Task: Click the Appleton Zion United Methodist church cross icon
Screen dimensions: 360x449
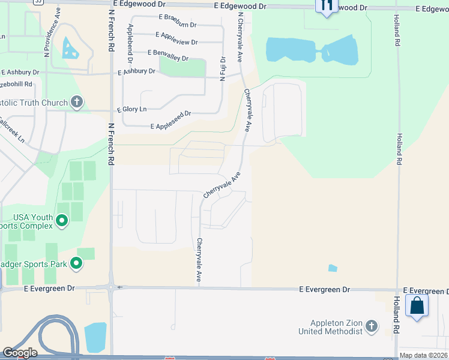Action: pos(372,326)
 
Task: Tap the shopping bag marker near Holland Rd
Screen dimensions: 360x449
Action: pos(417,306)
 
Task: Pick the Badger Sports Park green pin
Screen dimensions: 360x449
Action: pos(76,263)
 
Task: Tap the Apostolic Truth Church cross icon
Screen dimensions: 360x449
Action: pos(76,102)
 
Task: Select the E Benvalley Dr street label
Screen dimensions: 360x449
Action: pos(168,58)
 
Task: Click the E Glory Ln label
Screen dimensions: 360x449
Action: pos(131,109)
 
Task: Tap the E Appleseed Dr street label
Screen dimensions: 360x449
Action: pos(171,126)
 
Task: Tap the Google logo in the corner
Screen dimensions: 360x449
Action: pos(19,353)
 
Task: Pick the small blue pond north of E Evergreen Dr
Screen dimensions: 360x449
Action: pos(333,268)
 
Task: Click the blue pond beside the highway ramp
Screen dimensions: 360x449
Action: pos(95,337)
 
